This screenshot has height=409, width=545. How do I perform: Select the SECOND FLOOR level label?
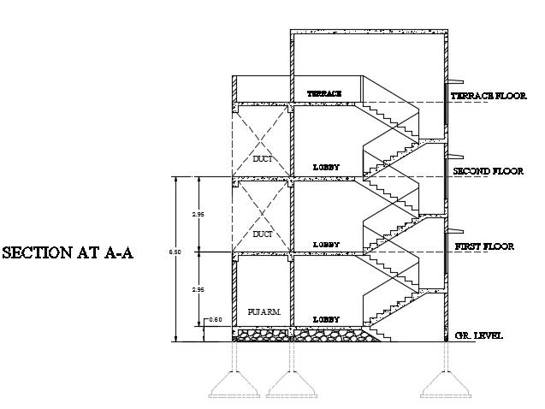[x=488, y=171]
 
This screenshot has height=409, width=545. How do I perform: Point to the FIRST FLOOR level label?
[x=484, y=246]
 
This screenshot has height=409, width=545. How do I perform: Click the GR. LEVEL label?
[x=479, y=335]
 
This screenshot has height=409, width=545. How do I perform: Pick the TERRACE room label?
[x=324, y=92]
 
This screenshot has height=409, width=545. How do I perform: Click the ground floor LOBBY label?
[x=326, y=319]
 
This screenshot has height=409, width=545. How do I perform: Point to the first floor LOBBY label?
[x=326, y=245]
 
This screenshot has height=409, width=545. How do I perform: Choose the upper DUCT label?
[x=263, y=158]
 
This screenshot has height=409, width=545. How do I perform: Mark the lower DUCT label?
[x=263, y=233]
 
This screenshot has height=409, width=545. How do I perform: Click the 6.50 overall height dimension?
[x=175, y=253]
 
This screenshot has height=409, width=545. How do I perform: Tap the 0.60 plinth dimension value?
[x=216, y=321]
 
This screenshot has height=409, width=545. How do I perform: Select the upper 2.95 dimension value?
[x=198, y=214]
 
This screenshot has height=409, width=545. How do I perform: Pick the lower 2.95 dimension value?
[x=198, y=290]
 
